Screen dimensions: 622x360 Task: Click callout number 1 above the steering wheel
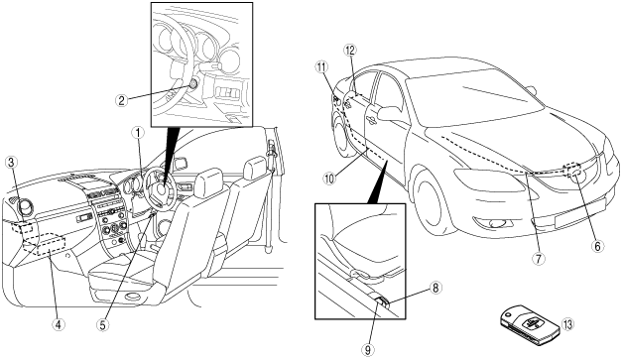pyautogui.click(x=138, y=133)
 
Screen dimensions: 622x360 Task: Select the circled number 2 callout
pyautogui.click(x=121, y=100)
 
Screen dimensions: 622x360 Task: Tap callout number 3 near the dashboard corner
pyautogui.click(x=11, y=163)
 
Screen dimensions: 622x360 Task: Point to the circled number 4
pyautogui.click(x=58, y=324)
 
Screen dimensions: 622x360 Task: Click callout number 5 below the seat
pyautogui.click(x=102, y=324)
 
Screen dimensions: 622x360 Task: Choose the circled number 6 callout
pyautogui.click(x=597, y=246)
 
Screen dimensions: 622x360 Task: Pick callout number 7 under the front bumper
pyautogui.click(x=539, y=259)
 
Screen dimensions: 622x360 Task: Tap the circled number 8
pyautogui.click(x=435, y=288)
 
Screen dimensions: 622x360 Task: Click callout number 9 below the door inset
pyautogui.click(x=368, y=349)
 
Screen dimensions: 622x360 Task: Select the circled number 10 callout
pyautogui.click(x=328, y=179)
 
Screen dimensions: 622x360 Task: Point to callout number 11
pyautogui.click(x=321, y=66)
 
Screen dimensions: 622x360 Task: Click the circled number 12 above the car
pyautogui.click(x=350, y=51)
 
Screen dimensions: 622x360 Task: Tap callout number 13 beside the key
pyautogui.click(x=567, y=324)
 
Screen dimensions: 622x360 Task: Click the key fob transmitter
pyautogui.click(x=528, y=324)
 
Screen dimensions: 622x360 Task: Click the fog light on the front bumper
pyautogui.click(x=495, y=224)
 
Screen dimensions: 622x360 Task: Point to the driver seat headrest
pyautogui.click(x=208, y=180)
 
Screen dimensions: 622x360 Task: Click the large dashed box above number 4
pyautogui.click(x=52, y=245)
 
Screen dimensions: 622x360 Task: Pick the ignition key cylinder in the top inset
pyautogui.click(x=193, y=83)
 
